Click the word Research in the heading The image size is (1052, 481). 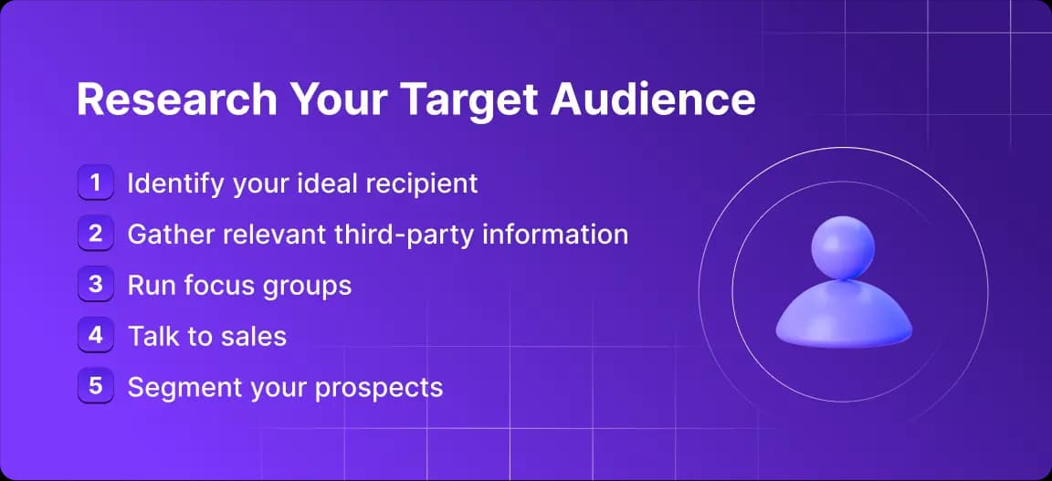tap(177, 100)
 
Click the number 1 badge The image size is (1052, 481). tap(95, 183)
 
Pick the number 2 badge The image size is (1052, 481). tap(95, 234)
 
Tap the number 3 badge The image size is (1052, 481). tap(95, 285)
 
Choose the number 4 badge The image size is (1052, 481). tap(95, 335)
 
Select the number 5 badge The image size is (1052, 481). tap(95, 386)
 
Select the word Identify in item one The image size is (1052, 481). tap(175, 183)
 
